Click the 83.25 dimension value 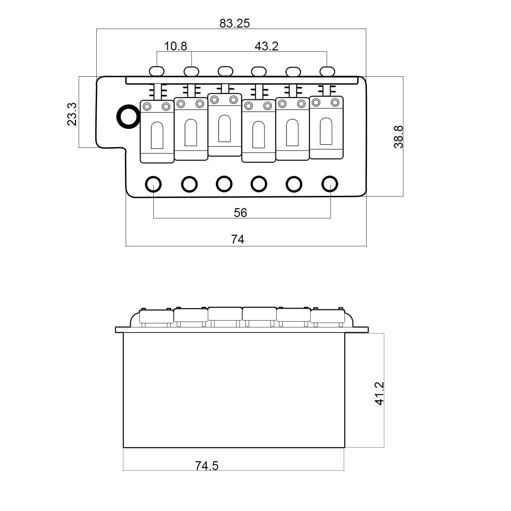pyautogui.click(x=234, y=23)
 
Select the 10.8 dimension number pyautogui.click(x=175, y=46)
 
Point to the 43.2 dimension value pyautogui.click(x=266, y=46)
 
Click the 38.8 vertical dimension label pyautogui.click(x=398, y=137)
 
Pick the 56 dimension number pyautogui.click(x=240, y=213)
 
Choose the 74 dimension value pyautogui.click(x=238, y=239)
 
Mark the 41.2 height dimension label pyautogui.click(x=379, y=393)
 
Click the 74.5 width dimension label pyautogui.click(x=207, y=465)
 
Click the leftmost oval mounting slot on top pyautogui.click(x=157, y=71)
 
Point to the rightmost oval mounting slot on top pyautogui.click(x=327, y=71)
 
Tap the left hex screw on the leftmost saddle pyautogui.click(x=148, y=106)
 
